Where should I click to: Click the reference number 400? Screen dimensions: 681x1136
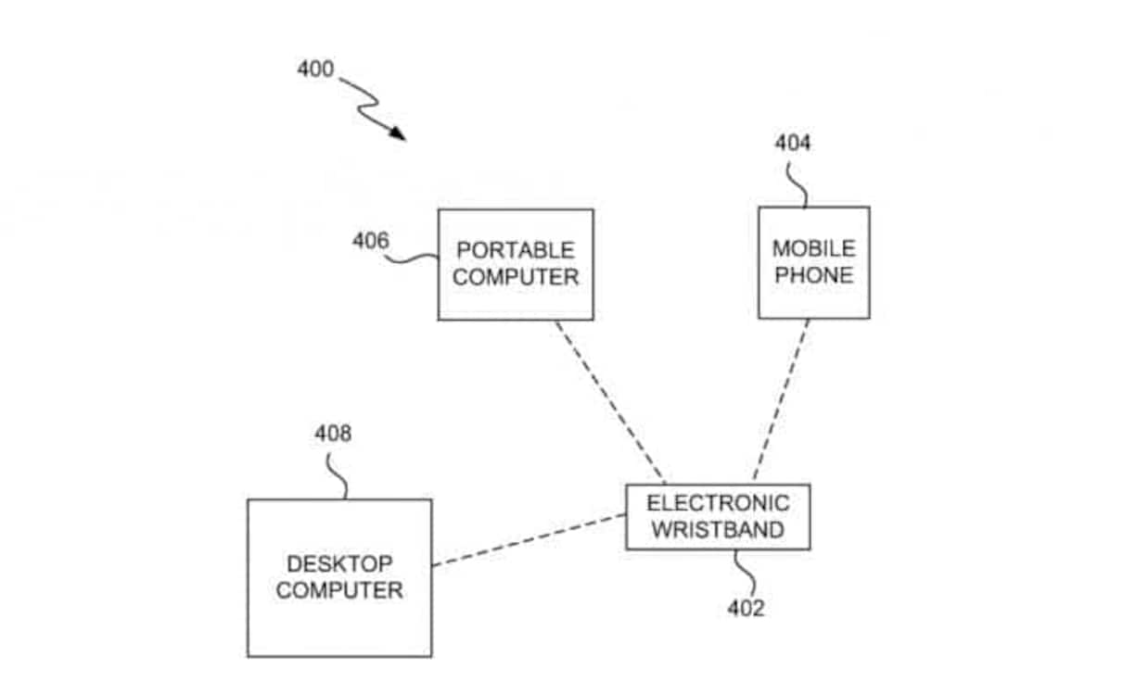315,69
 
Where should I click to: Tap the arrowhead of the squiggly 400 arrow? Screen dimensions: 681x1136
399,134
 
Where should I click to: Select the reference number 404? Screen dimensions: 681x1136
792,143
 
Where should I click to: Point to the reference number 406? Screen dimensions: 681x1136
370,241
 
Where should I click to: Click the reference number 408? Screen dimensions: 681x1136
333,433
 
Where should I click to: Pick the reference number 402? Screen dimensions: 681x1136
746,608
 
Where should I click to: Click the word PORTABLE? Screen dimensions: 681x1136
516,250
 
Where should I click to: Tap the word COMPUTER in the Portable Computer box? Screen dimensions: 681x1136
516,276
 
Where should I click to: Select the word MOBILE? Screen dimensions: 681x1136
814,249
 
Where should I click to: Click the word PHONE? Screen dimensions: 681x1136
814,275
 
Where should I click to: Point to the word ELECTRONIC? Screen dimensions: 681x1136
718,503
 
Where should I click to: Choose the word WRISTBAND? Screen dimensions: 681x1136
718,530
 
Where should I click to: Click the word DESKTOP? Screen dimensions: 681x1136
339,563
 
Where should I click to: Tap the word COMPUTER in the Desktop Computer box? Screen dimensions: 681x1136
339,590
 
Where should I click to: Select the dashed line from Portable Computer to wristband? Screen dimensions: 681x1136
609,401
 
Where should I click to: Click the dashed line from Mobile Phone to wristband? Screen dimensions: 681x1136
781,400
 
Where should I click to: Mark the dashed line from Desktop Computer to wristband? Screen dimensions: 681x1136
529,540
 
